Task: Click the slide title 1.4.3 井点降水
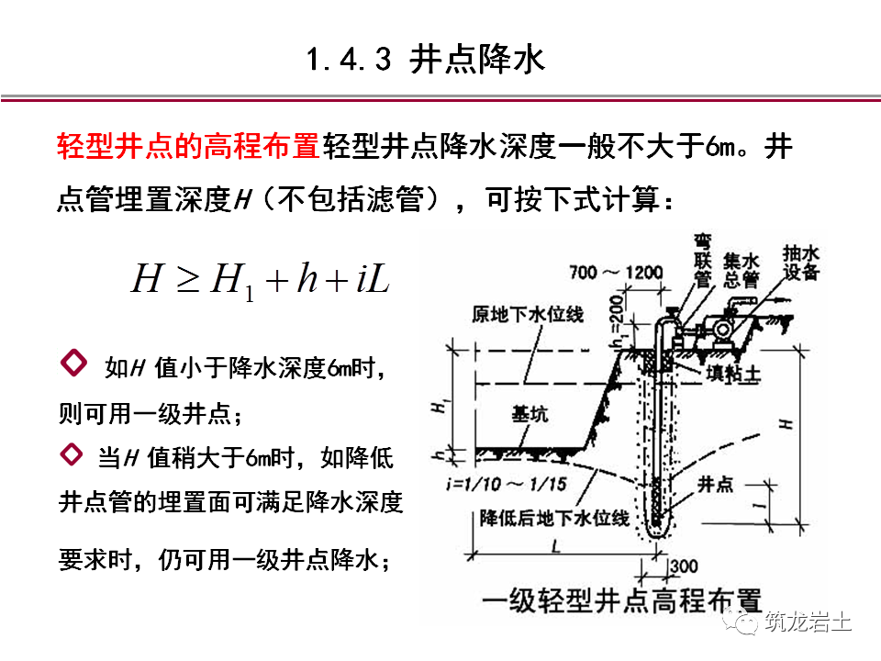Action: (x=425, y=61)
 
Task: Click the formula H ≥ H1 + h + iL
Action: (x=262, y=278)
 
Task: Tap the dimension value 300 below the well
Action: (x=686, y=566)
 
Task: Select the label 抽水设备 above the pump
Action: (x=802, y=262)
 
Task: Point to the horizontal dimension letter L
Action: (x=556, y=547)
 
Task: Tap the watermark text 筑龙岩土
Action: (x=808, y=622)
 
